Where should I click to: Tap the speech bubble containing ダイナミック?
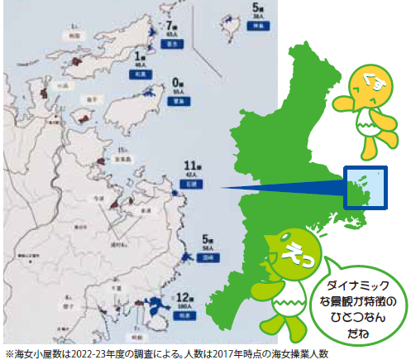(x=360, y=302)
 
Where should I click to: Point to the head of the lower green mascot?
(x=289, y=247)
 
